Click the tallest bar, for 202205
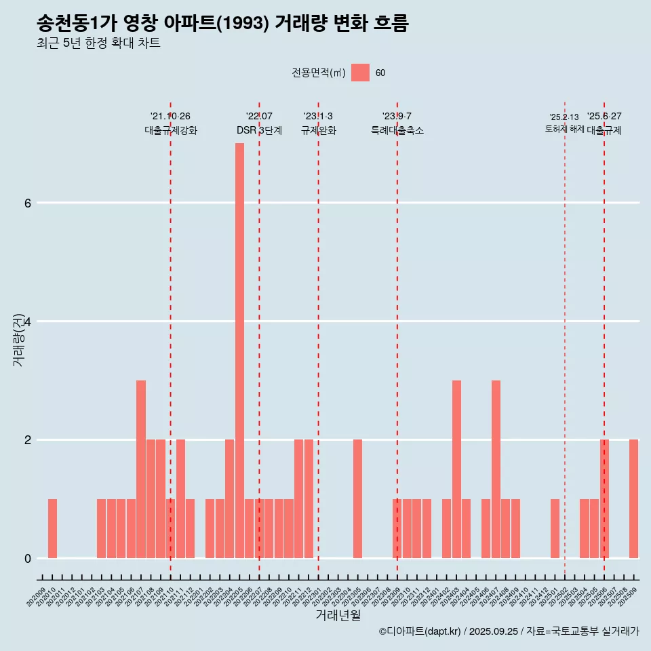pos(239,351)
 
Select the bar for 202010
pos(52,529)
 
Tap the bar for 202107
pos(141,469)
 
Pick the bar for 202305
pos(357,499)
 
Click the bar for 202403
pos(456,469)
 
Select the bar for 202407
pos(496,469)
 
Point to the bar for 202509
pos(633,499)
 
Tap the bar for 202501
pos(555,529)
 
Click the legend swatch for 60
pos(360,73)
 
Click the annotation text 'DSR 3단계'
pos(259,130)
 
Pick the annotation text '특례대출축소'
pos(397,130)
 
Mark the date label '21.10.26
pos(170,117)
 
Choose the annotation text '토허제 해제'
pos(564,128)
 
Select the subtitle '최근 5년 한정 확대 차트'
pos(98,44)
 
